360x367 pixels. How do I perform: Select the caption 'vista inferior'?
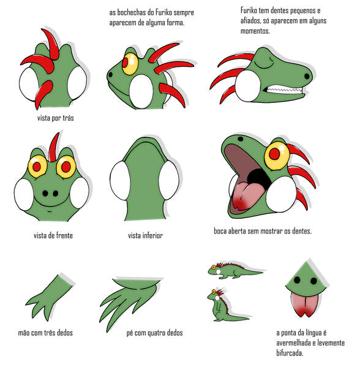145,235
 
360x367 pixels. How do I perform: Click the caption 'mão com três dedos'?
45,333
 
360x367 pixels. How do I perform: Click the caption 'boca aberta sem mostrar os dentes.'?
259,232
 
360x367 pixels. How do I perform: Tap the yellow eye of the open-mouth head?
276,154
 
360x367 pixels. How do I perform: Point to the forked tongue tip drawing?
303,303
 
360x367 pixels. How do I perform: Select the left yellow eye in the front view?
37,165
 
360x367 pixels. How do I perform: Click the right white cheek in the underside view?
168,180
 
